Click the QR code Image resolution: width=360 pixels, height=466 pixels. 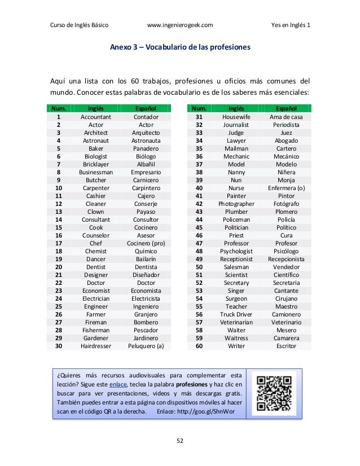pyautogui.click(x=273, y=393)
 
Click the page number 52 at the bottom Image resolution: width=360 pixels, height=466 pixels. pyautogui.click(x=179, y=441)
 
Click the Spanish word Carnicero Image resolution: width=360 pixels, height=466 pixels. pyautogui.click(x=146, y=180)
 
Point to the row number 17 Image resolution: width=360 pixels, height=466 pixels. pyautogui.click(x=59, y=243)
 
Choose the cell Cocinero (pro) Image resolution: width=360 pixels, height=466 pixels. pyautogui.click(x=146, y=243)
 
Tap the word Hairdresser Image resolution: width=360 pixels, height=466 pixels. pyautogui.click(x=96, y=346)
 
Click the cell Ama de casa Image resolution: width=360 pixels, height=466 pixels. pyautogui.click(x=286, y=117)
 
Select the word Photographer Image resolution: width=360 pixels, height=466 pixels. pyautogui.click(x=236, y=204)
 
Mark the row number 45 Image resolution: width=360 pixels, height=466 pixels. pyautogui.click(x=199, y=227)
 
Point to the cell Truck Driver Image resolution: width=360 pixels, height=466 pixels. pyautogui.click(x=236, y=314)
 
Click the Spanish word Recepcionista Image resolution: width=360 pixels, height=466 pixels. pyautogui.click(x=286, y=259)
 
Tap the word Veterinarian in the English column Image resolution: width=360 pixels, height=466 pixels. pyautogui.click(x=236, y=322)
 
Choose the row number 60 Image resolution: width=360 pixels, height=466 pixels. pyautogui.click(x=199, y=346)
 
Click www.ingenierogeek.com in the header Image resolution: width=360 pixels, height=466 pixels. pyautogui.click(x=179, y=25)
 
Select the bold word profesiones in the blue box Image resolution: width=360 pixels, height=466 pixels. pyautogui.click(x=194, y=384)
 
